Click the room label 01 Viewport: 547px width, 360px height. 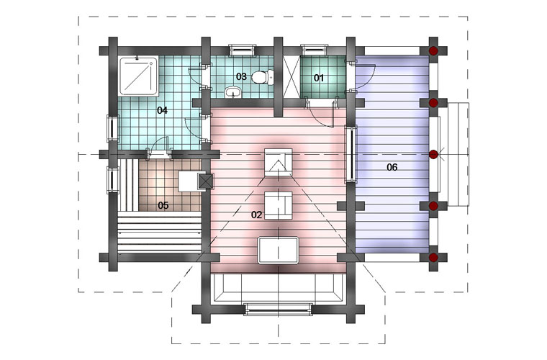click(319, 78)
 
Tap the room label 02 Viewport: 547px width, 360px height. click(256, 215)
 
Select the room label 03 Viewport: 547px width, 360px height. click(241, 76)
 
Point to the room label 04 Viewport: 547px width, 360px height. click(162, 111)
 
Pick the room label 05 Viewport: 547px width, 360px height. click(163, 205)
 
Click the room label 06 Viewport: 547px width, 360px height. click(392, 168)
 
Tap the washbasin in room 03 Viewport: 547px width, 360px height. click(233, 92)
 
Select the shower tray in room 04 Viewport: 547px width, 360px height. click(139, 76)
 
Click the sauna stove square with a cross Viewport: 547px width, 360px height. click(205, 181)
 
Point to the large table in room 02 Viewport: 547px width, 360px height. click(278, 250)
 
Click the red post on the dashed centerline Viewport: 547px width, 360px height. click(433, 155)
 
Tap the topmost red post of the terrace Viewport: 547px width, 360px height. click(433, 51)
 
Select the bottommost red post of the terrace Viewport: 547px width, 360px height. click(433, 258)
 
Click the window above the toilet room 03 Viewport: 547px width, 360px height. click(242, 50)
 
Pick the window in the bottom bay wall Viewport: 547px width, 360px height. click(278, 310)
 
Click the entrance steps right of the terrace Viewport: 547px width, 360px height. click(458, 154)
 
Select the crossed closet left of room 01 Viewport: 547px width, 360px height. click(291, 76)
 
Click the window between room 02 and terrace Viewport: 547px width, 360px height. click(351, 155)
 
